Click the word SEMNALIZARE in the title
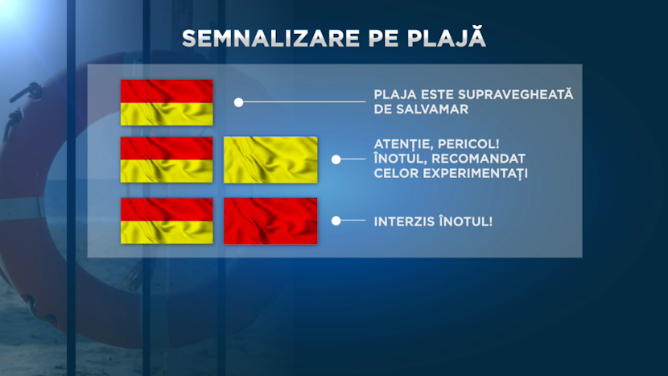tap(271, 39)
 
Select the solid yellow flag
tap(270, 160)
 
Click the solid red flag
tap(270, 221)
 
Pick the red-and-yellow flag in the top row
tap(167, 102)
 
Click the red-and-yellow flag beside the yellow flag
tap(167, 160)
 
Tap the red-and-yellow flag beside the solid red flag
tap(167, 221)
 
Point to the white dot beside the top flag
tap(238, 102)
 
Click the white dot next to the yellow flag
tap(336, 159)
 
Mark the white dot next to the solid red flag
tap(336, 221)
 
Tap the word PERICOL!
tap(472, 144)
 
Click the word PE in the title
tap(383, 39)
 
